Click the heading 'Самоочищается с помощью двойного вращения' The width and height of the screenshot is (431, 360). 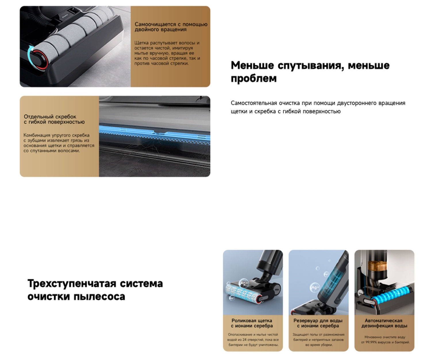pyautogui.click(x=171, y=27)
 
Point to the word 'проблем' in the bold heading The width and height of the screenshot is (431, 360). pyautogui.click(x=253, y=79)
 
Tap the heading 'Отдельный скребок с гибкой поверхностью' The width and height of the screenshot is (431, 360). pyautogui.click(x=54, y=119)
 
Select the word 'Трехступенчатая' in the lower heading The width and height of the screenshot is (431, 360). pyautogui.click(x=72, y=283)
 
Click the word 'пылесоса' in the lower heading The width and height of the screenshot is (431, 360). pyautogui.click(x=99, y=297)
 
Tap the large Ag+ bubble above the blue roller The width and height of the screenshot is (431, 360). pyautogui.click(x=244, y=283)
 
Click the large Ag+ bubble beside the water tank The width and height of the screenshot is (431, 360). pyautogui.click(x=315, y=287)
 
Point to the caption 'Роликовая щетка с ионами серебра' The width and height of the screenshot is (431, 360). pyautogui.click(x=252, y=323)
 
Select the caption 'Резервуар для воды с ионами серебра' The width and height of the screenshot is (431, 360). pyautogui.click(x=318, y=323)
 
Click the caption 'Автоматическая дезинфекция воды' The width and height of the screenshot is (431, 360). pyautogui.click(x=384, y=323)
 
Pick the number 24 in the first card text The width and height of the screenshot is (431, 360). pyautogui.click(x=247, y=340)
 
